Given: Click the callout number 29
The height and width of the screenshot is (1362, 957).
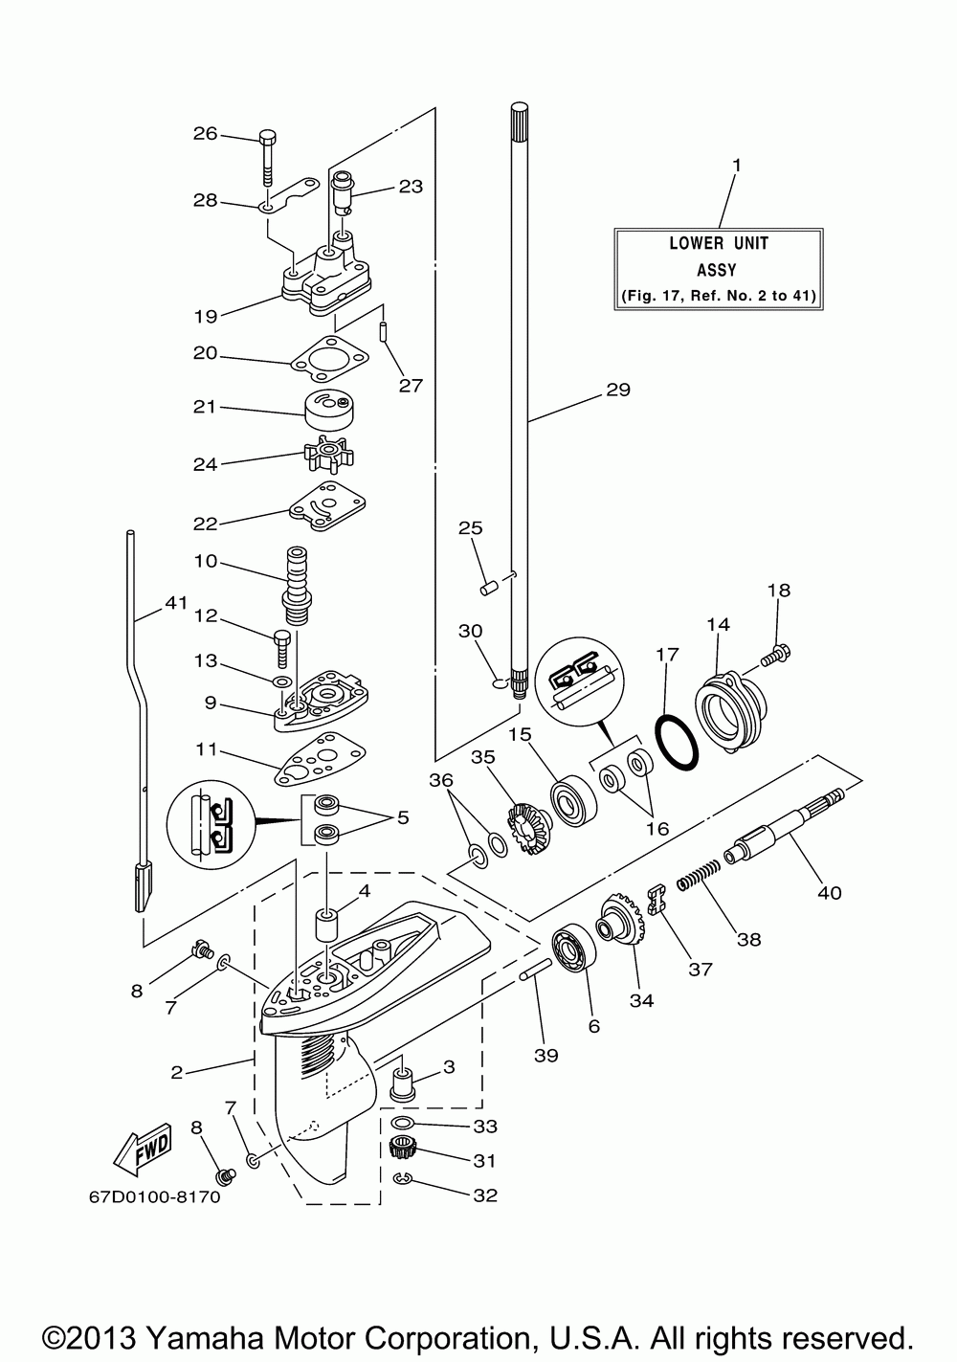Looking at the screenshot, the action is click(617, 390).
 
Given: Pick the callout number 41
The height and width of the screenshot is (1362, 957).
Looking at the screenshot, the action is click(176, 603).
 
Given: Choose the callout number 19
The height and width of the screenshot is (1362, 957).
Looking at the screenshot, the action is click(206, 316).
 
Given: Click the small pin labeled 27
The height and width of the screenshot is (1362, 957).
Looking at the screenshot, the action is click(385, 333).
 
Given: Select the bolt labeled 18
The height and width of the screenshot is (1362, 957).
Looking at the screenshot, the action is click(776, 655).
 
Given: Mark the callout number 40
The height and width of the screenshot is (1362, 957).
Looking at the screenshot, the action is click(830, 893).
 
